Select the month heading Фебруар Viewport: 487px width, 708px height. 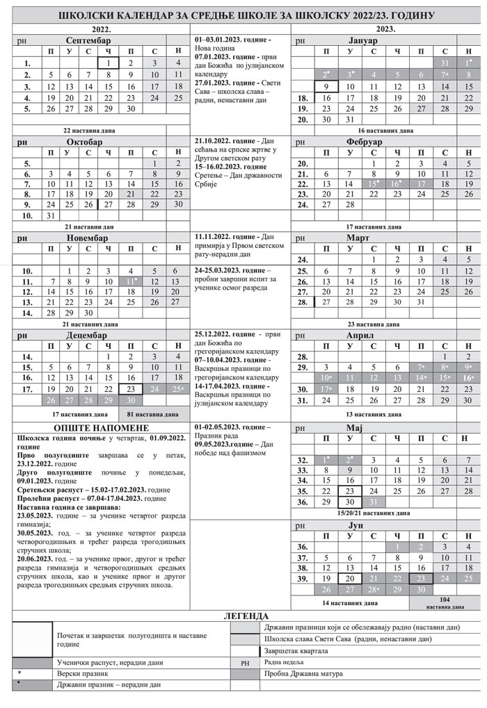tap(362, 141)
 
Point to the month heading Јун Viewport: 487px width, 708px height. tap(362, 527)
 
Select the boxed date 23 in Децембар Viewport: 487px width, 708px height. tap(130, 389)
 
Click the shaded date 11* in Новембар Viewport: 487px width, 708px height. tap(131, 281)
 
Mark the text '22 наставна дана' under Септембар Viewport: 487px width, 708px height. tap(89, 130)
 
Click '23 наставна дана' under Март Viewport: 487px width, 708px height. tap(373, 324)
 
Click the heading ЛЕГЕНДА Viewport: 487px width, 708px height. tap(243, 616)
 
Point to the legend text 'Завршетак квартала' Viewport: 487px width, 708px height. tap(296, 651)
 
